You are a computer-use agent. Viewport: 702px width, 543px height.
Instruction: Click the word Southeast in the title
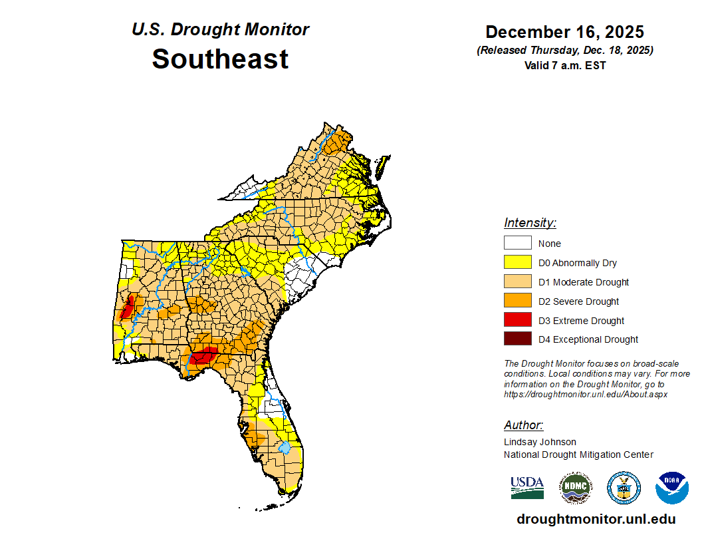(x=220, y=59)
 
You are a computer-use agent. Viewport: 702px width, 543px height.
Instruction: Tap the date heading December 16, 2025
(x=564, y=32)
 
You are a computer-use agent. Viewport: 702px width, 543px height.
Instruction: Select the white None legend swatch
(x=517, y=244)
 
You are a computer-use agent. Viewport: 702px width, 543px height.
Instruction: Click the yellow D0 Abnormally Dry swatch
(x=517, y=263)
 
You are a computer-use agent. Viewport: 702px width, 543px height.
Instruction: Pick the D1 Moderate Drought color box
(x=517, y=282)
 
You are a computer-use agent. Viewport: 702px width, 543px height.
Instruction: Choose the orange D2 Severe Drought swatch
(x=517, y=301)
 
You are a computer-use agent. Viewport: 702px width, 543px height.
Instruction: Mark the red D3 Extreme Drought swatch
(x=517, y=320)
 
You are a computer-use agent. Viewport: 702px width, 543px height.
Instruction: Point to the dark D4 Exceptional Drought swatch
(x=517, y=339)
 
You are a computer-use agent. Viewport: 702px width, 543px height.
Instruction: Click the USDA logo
(x=527, y=488)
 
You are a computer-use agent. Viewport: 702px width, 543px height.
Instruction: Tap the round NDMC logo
(x=576, y=488)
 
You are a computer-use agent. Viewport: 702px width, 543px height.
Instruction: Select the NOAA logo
(x=671, y=488)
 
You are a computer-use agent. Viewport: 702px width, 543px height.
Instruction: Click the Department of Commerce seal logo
(x=624, y=488)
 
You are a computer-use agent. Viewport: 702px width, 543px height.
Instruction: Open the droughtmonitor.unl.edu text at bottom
(x=596, y=519)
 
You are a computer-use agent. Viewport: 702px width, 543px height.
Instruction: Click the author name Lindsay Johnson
(x=540, y=442)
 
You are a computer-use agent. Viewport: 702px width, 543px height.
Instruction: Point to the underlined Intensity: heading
(x=530, y=223)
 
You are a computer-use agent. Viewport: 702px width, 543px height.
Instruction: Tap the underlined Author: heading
(x=523, y=425)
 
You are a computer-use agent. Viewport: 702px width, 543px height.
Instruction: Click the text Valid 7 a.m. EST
(x=564, y=65)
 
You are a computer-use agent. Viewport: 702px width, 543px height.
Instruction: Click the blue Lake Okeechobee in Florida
(x=285, y=447)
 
